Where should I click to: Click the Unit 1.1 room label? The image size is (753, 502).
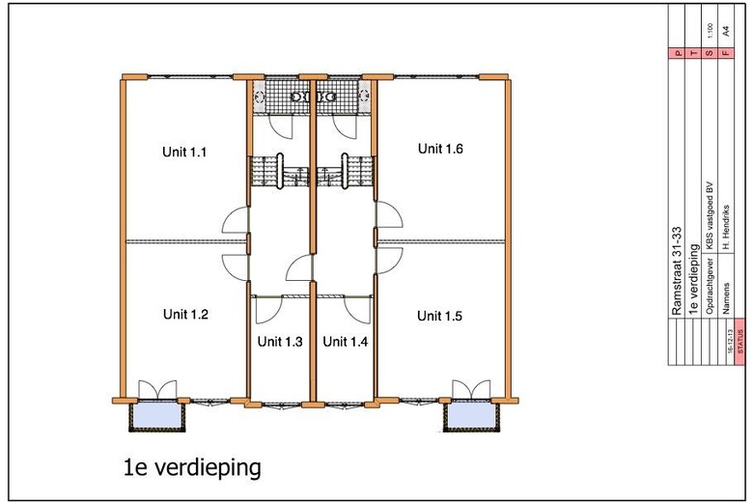tap(185, 152)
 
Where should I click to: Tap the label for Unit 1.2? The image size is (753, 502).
tap(185, 314)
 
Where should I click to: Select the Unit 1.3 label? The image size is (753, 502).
tap(280, 341)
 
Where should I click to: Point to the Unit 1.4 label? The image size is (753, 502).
tap(345, 341)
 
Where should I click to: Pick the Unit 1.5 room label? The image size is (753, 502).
tap(440, 316)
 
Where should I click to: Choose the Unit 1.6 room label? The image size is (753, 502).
tap(441, 149)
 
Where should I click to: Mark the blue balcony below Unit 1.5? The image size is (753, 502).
tap(473, 416)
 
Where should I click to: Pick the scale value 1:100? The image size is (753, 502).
tap(710, 30)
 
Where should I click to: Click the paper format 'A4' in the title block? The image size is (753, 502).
tap(725, 30)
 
